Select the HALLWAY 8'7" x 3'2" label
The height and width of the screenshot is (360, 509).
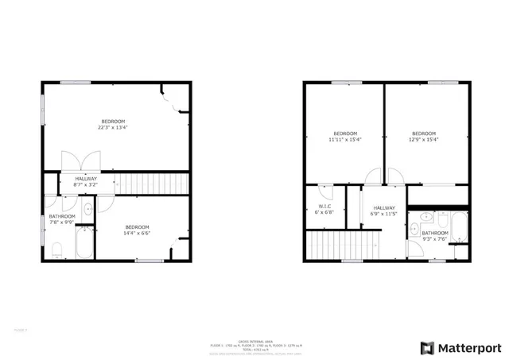click(86, 181)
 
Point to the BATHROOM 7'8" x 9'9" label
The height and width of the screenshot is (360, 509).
click(62, 219)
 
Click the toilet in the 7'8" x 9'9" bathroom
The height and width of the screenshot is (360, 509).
click(56, 252)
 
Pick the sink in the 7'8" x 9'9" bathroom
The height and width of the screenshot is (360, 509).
click(87, 210)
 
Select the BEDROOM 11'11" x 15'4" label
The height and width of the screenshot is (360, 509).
click(344, 136)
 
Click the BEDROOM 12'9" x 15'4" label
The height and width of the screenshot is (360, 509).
click(423, 136)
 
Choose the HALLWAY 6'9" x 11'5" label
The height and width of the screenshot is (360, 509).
click(384, 212)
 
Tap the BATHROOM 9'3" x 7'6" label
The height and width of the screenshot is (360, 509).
click(435, 236)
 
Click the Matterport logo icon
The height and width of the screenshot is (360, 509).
click(428, 347)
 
